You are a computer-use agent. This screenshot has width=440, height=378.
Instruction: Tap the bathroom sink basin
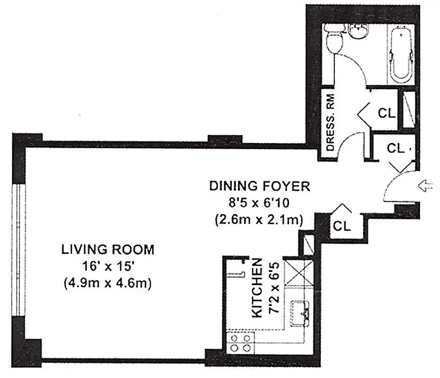tap(359, 32)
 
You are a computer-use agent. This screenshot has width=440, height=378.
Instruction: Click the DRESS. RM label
tap(331, 122)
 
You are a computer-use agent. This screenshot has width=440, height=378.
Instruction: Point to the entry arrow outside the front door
tap(426, 187)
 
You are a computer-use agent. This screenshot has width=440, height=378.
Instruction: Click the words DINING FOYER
tap(260, 186)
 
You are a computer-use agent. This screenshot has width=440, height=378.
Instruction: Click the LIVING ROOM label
tap(107, 249)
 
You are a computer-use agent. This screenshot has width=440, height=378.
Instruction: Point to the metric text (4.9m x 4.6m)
tap(107, 283)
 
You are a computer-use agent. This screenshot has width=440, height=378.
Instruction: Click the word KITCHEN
tap(256, 288)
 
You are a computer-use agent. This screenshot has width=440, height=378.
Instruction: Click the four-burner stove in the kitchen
tap(240, 344)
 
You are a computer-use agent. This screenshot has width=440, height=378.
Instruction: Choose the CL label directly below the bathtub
tap(387, 113)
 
